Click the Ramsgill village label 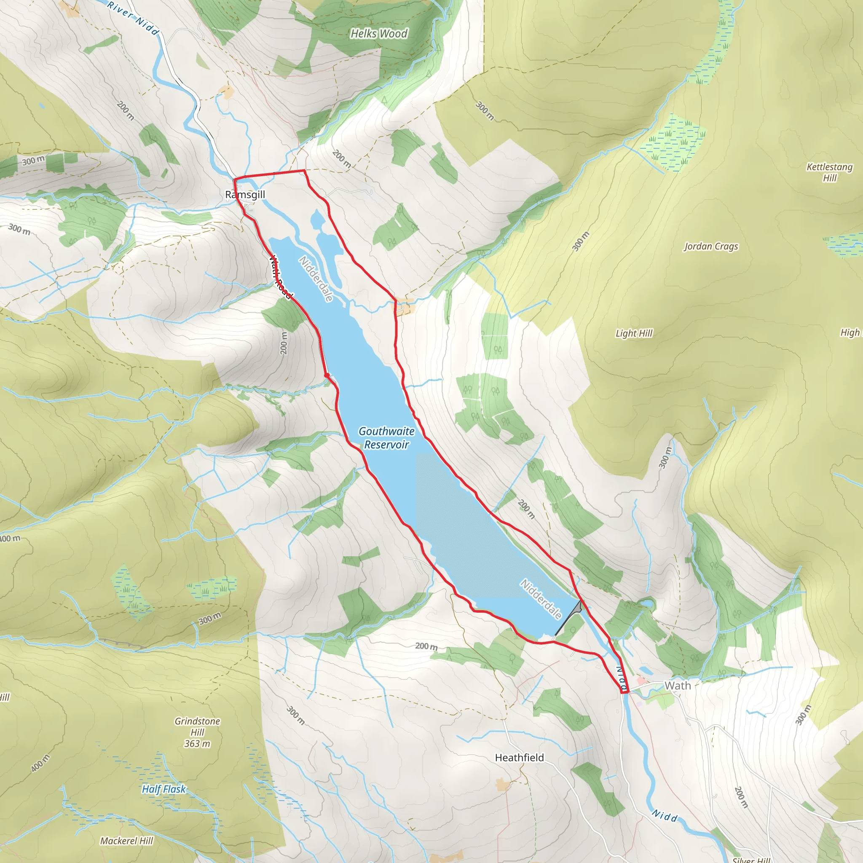coord(245,195)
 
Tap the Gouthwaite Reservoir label coord(386,438)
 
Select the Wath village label coord(677,686)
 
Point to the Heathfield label coord(520,758)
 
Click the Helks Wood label coord(379,34)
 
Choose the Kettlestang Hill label coord(829,172)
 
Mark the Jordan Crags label coord(711,246)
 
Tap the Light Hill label coord(634,333)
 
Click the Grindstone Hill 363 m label coord(197,732)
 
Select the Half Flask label coord(163,789)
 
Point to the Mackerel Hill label coord(126,841)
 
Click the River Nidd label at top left coord(133,18)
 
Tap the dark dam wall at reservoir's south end coord(568,619)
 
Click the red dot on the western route coord(327,375)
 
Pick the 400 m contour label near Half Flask coord(40,764)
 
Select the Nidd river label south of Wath coord(664,816)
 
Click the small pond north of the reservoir coord(317,219)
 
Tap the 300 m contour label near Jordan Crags coord(581,241)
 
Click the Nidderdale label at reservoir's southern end coord(541,599)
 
